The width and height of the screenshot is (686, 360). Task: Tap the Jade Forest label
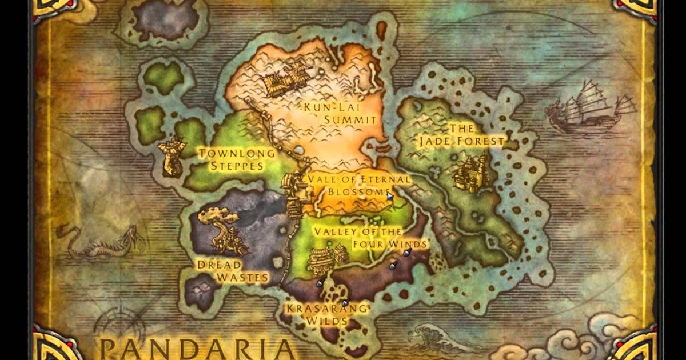(461, 135)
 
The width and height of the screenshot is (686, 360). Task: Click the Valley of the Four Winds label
(370, 238)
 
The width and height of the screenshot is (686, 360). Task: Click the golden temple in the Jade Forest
(473, 171)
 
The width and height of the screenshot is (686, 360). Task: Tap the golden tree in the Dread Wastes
(223, 229)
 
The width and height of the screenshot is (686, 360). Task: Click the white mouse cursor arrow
(390, 195)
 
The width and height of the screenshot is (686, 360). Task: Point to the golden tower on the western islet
(171, 155)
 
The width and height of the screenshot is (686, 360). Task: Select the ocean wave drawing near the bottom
(434, 337)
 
